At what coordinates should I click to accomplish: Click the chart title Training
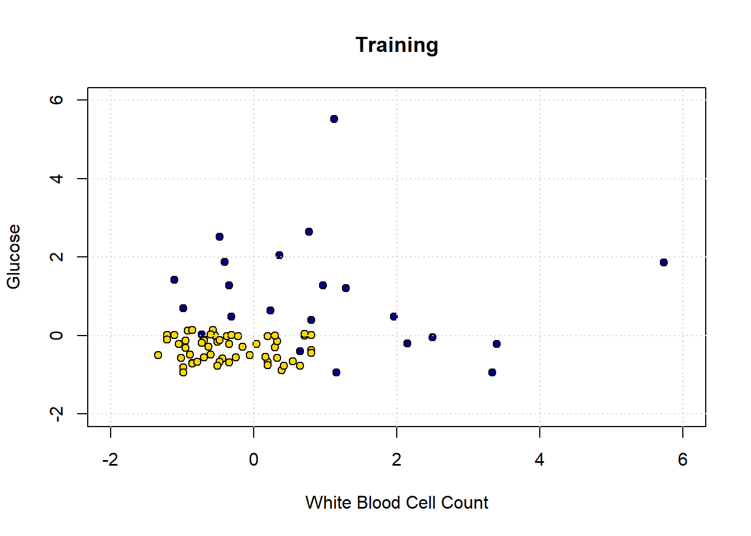[397, 45]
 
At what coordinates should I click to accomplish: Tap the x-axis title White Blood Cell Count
[397, 502]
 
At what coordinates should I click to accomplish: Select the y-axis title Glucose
[13, 257]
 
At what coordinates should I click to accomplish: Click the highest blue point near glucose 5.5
[334, 119]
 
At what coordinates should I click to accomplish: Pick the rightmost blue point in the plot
[664, 262]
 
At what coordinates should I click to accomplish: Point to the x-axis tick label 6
[682, 460]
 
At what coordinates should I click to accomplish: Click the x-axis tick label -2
[110, 460]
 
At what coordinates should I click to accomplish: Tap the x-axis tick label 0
[254, 460]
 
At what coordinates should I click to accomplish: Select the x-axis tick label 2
[397, 460]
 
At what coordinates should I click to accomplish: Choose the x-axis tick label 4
[539, 460]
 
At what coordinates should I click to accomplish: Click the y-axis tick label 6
[56, 100]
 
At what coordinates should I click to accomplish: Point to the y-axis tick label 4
[56, 179]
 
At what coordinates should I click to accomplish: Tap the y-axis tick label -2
[56, 414]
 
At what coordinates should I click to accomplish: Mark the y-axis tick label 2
[56, 257]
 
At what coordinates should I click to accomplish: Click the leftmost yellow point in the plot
[158, 355]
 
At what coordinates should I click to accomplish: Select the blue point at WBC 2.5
[432, 337]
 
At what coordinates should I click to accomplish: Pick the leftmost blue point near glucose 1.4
[174, 280]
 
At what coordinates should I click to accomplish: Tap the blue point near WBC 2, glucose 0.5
[393, 317]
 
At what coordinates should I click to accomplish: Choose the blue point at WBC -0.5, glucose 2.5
[220, 237]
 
